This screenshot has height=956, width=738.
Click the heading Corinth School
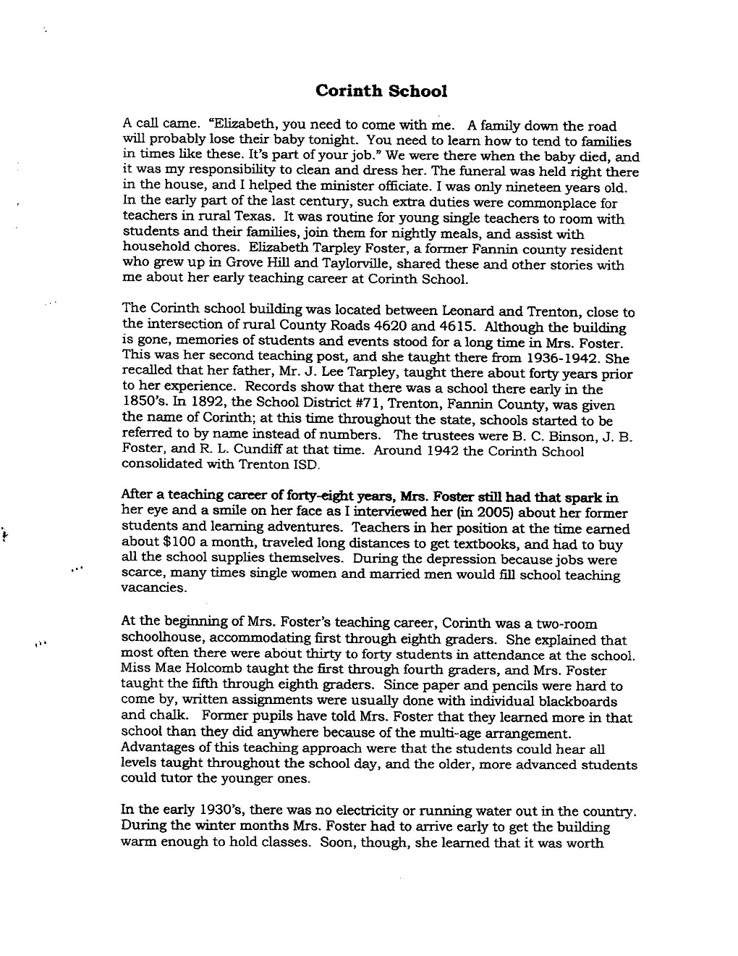pyautogui.click(x=381, y=91)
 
